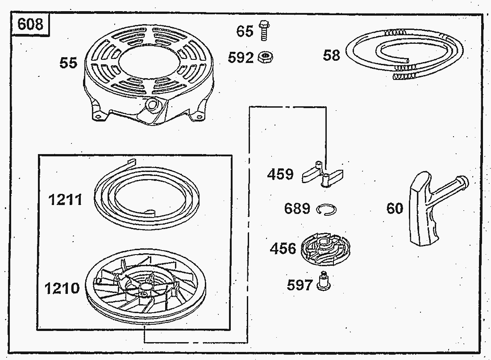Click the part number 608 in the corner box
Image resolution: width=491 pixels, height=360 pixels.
click(30, 24)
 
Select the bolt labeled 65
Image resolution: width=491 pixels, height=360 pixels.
click(264, 30)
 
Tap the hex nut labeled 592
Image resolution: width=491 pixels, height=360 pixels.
click(266, 57)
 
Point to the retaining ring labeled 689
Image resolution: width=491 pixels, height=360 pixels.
click(326, 209)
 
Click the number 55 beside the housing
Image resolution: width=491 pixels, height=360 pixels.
click(68, 63)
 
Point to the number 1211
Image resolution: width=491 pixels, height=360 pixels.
click(65, 200)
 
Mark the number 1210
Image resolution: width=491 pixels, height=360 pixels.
click(62, 289)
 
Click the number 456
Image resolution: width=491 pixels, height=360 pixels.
click(283, 248)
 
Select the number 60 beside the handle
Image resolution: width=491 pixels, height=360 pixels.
click(395, 208)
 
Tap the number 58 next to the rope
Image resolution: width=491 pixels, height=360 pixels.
click(331, 55)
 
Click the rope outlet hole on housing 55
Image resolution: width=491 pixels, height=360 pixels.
click(153, 105)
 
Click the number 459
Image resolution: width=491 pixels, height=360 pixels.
click(280, 174)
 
